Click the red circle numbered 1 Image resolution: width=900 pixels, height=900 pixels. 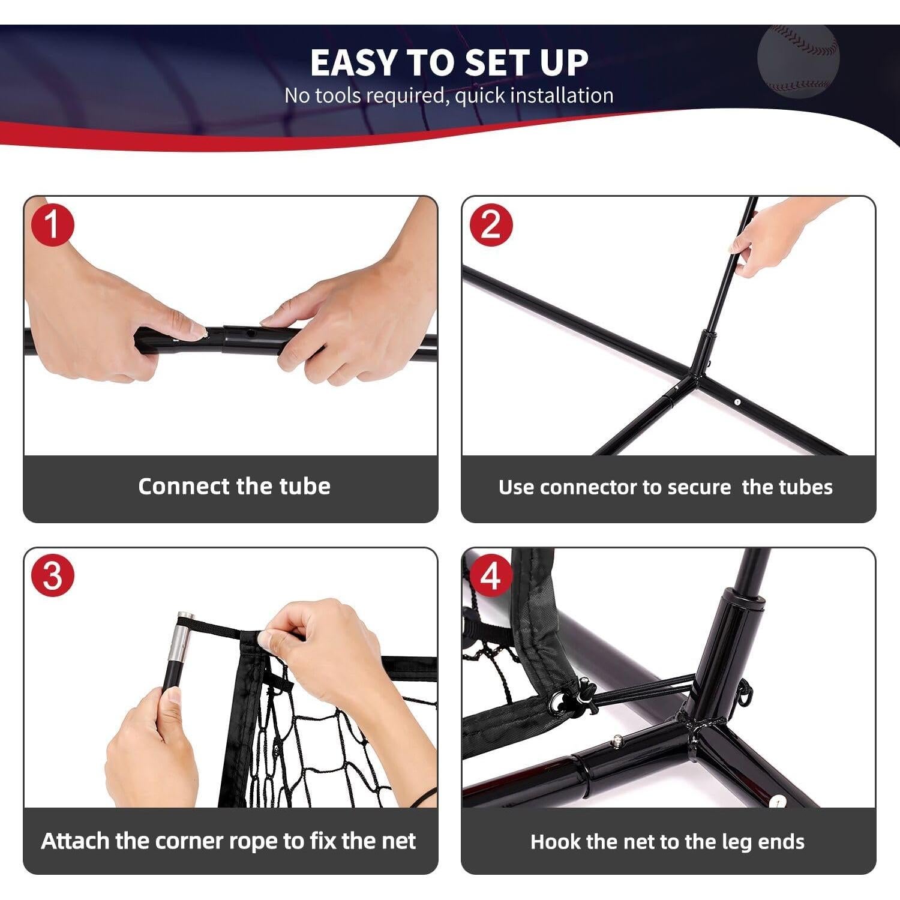click(x=52, y=225)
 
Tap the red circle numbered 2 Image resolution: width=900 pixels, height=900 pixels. click(x=491, y=225)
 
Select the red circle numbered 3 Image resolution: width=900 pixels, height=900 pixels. click(x=52, y=575)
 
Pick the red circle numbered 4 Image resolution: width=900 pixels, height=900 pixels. click(x=491, y=575)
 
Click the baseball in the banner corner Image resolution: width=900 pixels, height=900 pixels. click(x=798, y=60)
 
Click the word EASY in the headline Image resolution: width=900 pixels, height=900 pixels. click(x=353, y=62)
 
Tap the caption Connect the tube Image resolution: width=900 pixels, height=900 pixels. click(x=234, y=486)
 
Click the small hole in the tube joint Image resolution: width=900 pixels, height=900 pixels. click(x=251, y=331)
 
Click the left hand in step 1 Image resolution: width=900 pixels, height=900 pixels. click(x=111, y=300)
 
